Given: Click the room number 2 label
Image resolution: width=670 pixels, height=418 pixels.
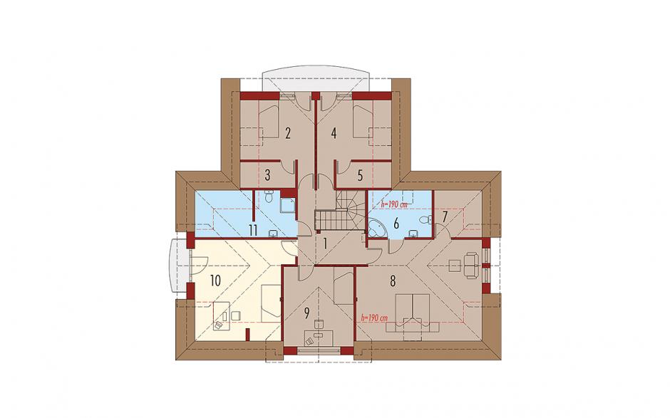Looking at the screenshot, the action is pyautogui.click(x=288, y=134).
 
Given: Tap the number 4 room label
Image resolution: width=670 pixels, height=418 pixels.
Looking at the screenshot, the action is pyautogui.click(x=334, y=134).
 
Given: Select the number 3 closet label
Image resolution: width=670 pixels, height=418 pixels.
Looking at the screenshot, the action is pyautogui.click(x=267, y=175).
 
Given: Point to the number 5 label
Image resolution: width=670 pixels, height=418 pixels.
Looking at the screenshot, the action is pyautogui.click(x=360, y=175).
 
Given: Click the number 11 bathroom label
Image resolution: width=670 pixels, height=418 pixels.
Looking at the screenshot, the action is pyautogui.click(x=253, y=230).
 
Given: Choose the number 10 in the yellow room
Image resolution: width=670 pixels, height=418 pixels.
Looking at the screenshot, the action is pyautogui.click(x=215, y=281).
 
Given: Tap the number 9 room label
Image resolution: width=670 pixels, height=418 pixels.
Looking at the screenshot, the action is pyautogui.click(x=306, y=314).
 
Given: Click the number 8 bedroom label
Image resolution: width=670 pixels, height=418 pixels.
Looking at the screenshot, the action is pyautogui.click(x=393, y=281).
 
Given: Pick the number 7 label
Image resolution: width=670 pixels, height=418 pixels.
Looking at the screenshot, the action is pyautogui.click(x=444, y=216).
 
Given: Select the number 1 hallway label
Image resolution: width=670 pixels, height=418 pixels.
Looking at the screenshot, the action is pyautogui.click(x=325, y=244).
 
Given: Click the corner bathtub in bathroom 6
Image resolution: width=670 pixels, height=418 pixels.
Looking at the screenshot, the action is pyautogui.click(x=376, y=229).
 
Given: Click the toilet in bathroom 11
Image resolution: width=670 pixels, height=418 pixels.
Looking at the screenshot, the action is pyautogui.click(x=268, y=197).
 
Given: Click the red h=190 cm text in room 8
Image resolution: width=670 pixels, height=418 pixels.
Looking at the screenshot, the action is pyautogui.click(x=374, y=318).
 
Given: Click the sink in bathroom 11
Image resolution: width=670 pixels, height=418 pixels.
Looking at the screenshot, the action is pyautogui.click(x=273, y=233).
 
